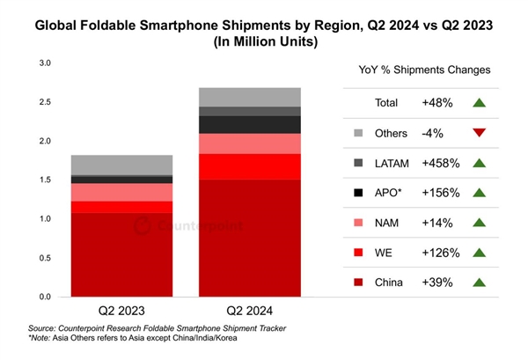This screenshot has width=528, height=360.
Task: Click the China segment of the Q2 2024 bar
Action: [x=251, y=238]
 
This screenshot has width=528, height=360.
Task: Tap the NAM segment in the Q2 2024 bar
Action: [x=251, y=143]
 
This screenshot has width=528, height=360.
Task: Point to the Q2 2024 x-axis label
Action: [x=251, y=311]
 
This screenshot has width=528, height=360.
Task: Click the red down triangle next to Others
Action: [x=479, y=133]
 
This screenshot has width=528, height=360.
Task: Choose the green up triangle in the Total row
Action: [x=479, y=103]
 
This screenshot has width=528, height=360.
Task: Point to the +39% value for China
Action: [x=437, y=282]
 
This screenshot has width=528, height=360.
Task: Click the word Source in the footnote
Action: [x=45, y=328]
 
